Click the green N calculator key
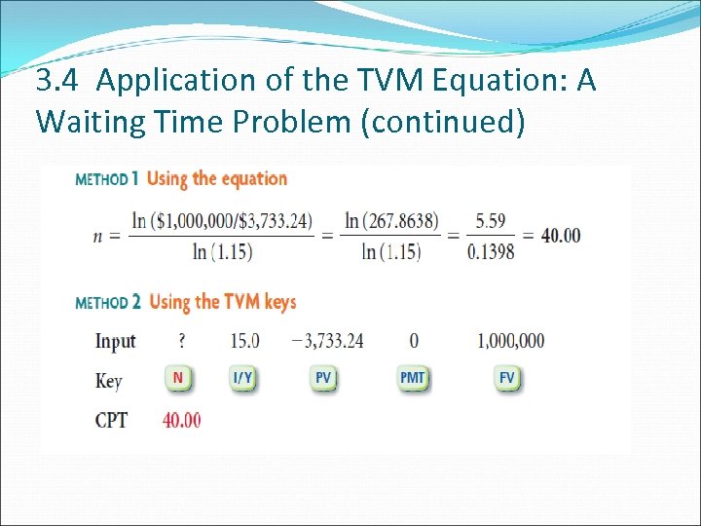(178, 378)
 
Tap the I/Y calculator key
(242, 378)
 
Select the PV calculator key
(324, 378)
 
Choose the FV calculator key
(507, 378)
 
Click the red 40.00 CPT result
(181, 421)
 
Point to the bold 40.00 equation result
(560, 235)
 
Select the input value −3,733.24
(327, 341)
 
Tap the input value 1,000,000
(511, 341)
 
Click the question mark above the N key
(181, 341)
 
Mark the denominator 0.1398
(491, 251)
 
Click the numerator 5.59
(491, 221)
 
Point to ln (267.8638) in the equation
(391, 221)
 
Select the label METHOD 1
(107, 179)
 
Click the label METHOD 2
(107, 303)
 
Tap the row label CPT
(111, 422)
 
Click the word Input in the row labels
(115, 341)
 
